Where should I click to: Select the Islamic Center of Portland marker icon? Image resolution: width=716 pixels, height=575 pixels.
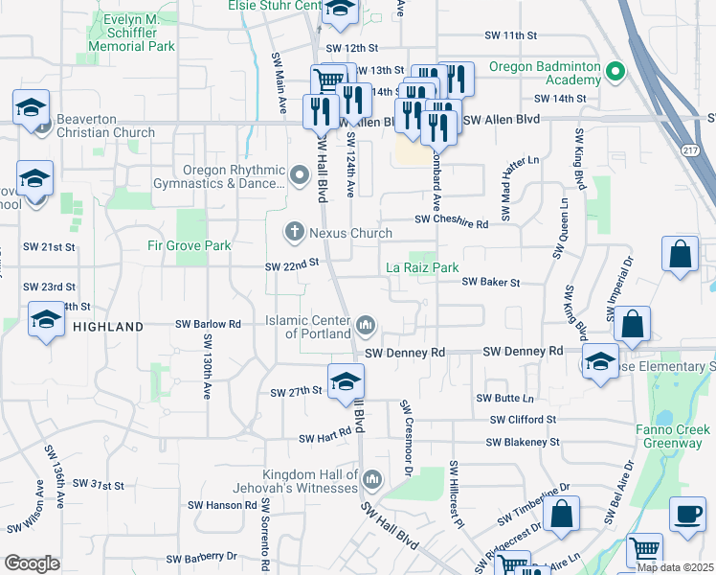(365, 327)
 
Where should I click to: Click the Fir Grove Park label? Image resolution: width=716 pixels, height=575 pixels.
(190, 245)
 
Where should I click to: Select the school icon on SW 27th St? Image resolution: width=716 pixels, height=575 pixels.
(346, 382)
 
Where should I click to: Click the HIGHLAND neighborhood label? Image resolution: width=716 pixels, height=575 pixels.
(107, 327)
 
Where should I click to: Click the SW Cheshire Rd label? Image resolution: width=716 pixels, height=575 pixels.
(452, 222)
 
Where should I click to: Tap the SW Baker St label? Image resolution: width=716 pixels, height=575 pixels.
(490, 283)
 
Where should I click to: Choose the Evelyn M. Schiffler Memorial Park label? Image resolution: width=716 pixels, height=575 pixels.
(132, 31)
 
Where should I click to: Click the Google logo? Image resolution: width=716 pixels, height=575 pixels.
(32, 563)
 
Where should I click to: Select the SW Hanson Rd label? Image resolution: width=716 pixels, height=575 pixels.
(215, 504)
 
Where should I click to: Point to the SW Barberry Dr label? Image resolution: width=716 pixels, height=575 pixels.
(201, 557)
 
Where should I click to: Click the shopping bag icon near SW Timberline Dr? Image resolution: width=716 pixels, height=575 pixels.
(564, 513)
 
